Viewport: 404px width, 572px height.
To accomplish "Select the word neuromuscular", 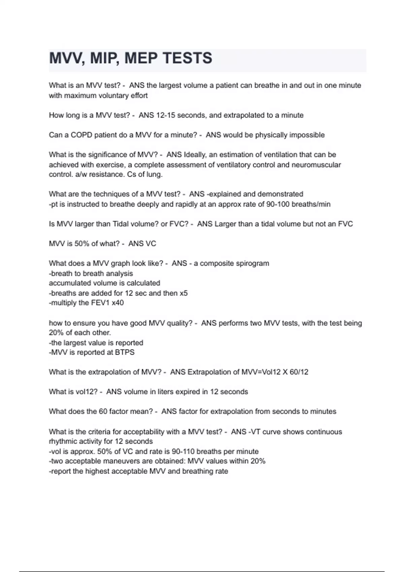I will (x=316, y=165).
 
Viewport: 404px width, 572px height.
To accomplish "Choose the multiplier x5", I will (x=183, y=293).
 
